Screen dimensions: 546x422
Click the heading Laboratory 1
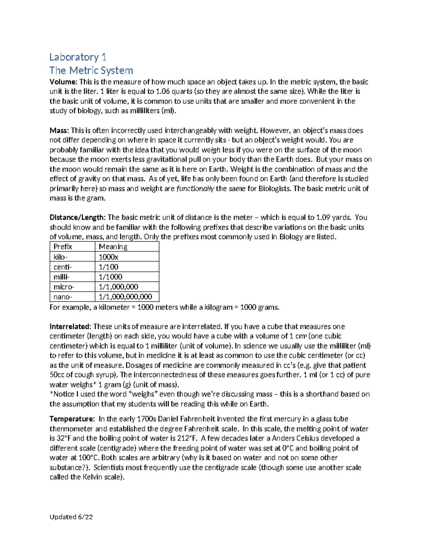click(x=78, y=57)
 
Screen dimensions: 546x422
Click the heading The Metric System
click(x=91, y=70)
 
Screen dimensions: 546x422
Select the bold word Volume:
click(x=63, y=82)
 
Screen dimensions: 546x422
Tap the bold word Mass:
click(x=59, y=130)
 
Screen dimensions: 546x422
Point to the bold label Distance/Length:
click(x=77, y=217)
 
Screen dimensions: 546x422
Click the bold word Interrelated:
click(x=70, y=326)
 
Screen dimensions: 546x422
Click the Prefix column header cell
click(x=63, y=246)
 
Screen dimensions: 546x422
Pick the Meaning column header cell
click(x=113, y=246)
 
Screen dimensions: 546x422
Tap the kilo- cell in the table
click(x=60, y=257)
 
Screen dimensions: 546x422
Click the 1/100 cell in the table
click(x=108, y=266)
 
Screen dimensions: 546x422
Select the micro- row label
click(x=64, y=287)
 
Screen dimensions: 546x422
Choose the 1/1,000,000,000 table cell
click(x=125, y=296)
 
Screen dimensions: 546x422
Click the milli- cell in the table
click(x=61, y=277)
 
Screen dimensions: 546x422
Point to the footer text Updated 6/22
click(x=71, y=516)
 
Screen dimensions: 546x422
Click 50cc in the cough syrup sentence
click(x=58, y=375)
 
